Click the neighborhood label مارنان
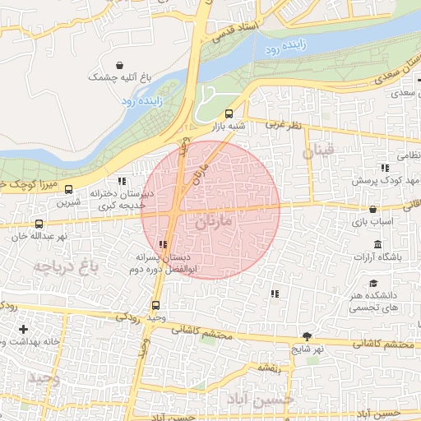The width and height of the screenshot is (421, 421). click(215, 222)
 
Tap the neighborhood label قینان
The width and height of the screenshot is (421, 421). click(319, 151)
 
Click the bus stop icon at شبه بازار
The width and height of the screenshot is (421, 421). click(229, 114)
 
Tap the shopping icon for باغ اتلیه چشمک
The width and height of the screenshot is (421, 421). click(121, 64)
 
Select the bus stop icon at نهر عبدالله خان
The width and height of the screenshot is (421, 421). click(38, 224)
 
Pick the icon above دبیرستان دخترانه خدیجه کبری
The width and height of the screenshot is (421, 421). click(122, 181)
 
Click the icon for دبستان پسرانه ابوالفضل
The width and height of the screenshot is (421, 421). click(164, 244)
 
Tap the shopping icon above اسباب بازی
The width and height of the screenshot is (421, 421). click(373, 210)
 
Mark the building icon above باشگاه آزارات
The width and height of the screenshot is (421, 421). click(377, 245)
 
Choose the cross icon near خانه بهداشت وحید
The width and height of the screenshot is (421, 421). click(22, 330)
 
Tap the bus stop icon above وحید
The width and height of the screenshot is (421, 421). click(156, 305)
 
